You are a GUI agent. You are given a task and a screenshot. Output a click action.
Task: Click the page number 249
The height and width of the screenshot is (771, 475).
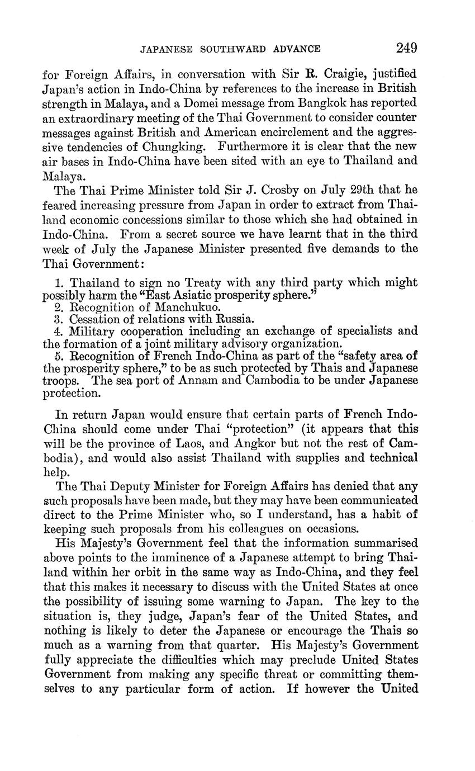[x=406, y=48]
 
